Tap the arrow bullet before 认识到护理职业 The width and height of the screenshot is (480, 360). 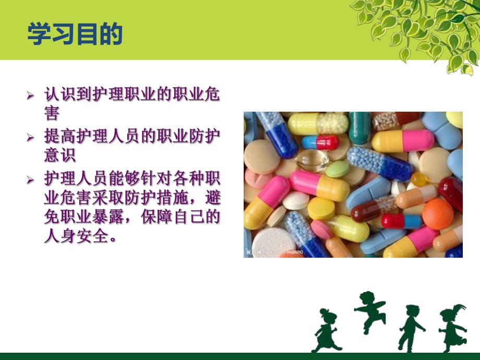pyautogui.click(x=31, y=96)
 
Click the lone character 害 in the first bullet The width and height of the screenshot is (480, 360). pyautogui.click(x=52, y=113)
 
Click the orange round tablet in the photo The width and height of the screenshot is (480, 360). pyautogui.click(x=437, y=214)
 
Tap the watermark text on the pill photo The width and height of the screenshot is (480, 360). pyautogui.click(x=274, y=253)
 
